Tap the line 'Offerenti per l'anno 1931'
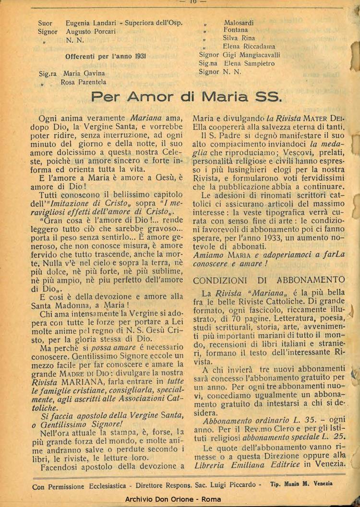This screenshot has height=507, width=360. tap(106, 56)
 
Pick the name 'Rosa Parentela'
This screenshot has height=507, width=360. tap(84, 82)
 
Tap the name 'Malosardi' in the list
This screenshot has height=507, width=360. tap(239, 23)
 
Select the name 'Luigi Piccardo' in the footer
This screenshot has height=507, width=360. tap(237, 486)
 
